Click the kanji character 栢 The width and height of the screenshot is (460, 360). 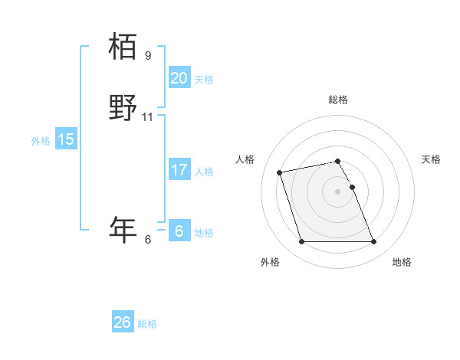[123, 47]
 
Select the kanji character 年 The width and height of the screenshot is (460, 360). [123, 229]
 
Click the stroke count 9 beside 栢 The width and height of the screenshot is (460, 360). [148, 56]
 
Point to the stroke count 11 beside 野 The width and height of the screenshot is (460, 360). [148, 117]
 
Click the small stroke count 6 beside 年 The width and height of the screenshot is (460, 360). [148, 240]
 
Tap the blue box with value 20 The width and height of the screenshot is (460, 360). [179, 78]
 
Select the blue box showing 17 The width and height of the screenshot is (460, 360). [179, 170]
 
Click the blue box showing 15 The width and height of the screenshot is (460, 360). [66, 139]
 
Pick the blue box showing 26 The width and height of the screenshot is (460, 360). [123, 322]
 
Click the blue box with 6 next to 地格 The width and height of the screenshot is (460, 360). [179, 231]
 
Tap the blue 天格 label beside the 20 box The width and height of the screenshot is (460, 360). [204, 80]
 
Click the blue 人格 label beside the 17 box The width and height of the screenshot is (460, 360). [204, 172]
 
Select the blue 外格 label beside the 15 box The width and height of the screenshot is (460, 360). [41, 141]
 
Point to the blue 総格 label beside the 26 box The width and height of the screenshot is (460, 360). [148, 324]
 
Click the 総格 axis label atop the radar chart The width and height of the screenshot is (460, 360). [337, 100]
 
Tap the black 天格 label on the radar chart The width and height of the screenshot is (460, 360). [431, 159]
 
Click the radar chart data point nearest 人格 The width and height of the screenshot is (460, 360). [280, 172]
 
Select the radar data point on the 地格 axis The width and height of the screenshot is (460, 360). [373, 242]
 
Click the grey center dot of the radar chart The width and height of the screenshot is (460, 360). [337, 191]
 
